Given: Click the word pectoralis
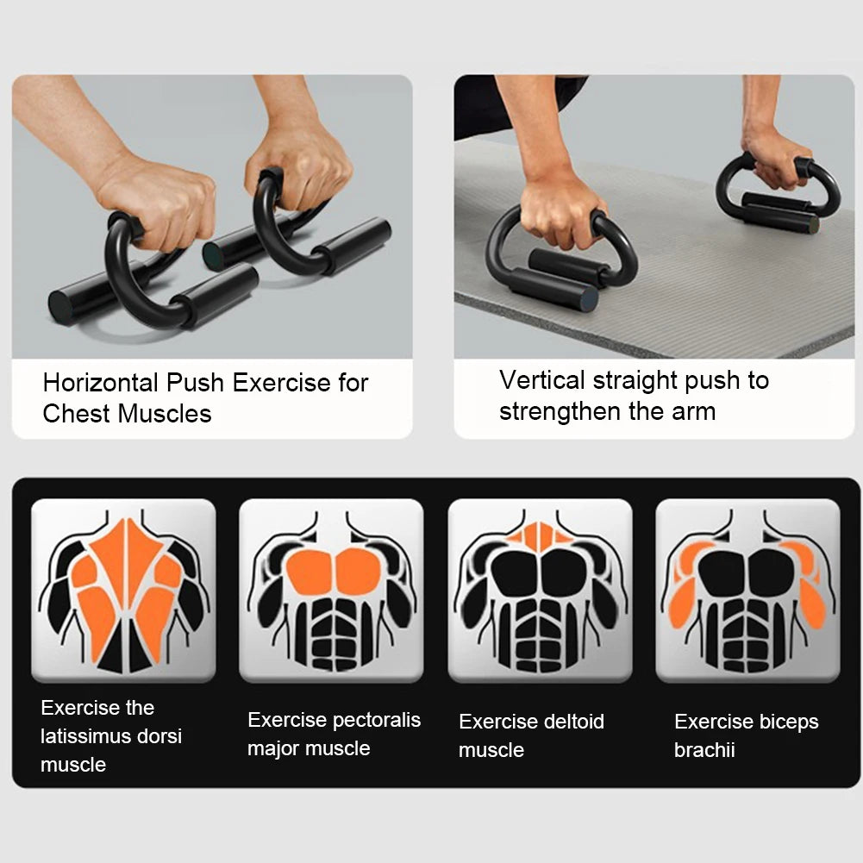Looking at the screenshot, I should [x=377, y=720].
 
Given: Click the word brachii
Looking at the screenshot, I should [x=704, y=750].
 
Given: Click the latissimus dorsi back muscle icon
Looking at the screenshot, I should [x=123, y=591].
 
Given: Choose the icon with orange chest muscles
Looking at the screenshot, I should [x=331, y=591].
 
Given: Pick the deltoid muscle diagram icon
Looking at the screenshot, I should [x=540, y=591].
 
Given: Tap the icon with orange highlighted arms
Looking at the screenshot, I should [x=747, y=591].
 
